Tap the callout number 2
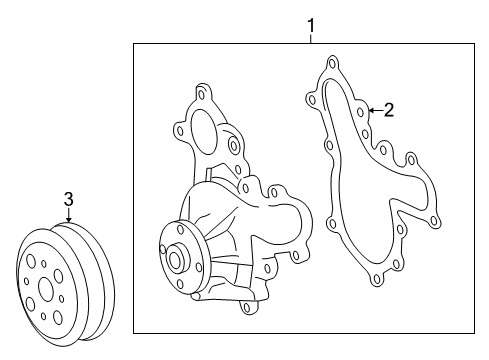click(x=389, y=110)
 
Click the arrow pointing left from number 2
click(x=372, y=109)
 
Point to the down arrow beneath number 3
click(x=68, y=218)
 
